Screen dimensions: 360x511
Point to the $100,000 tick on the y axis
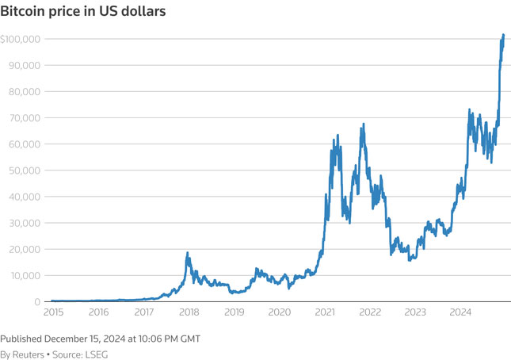pos(21,39)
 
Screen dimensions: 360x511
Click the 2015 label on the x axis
pos(53,313)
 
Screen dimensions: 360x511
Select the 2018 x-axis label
pos(189,313)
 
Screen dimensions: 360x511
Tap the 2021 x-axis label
pos(324,313)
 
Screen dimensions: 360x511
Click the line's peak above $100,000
pos(503,35)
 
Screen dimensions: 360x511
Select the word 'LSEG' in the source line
pos(95,354)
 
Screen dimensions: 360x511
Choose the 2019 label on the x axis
pos(234,313)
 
